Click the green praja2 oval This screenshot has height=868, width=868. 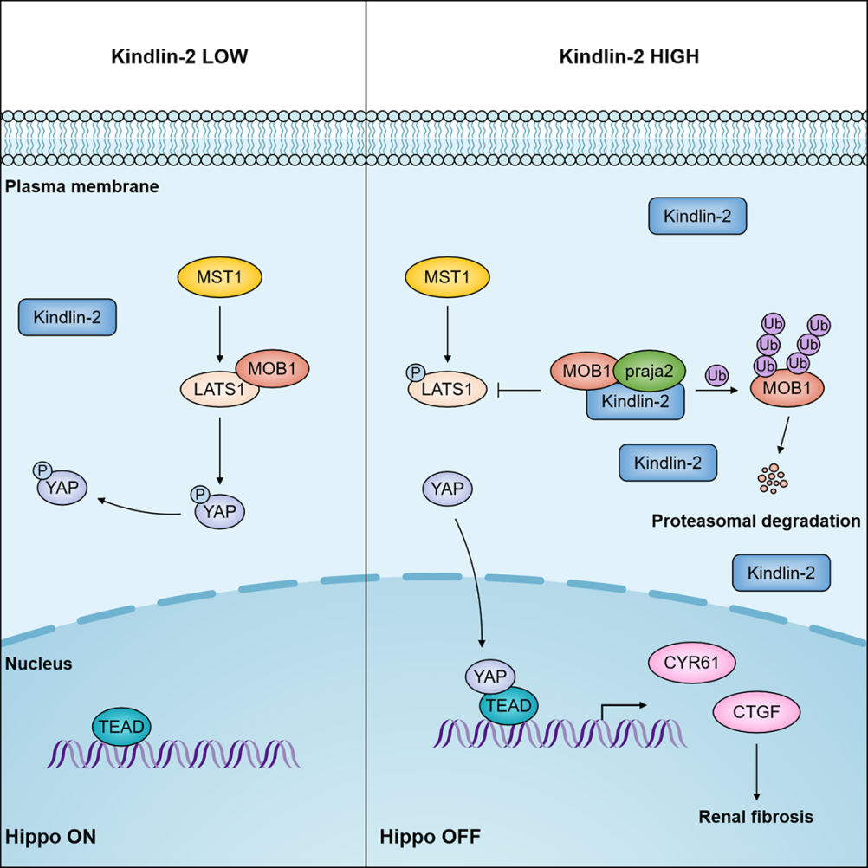pos(650,372)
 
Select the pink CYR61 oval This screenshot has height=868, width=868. pos(693,664)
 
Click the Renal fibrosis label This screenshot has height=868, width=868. pos(756,816)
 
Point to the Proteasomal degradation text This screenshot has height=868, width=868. pos(755,521)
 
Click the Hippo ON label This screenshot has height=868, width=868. pos(50,837)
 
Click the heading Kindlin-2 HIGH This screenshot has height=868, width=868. pos(629,58)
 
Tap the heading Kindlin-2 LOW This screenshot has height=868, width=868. pos(181,58)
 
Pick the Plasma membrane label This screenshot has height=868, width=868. pos(82,185)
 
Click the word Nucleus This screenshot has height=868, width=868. pos(38,664)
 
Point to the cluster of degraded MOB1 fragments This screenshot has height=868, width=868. pos(772,479)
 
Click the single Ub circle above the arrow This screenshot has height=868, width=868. pos(716,376)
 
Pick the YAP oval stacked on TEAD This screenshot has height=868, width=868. pos(491,676)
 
